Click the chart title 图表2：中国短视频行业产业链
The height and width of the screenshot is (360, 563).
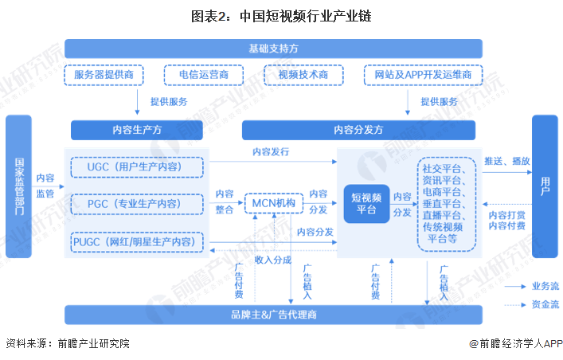point(281,15)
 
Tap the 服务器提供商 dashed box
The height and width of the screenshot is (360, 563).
point(109,75)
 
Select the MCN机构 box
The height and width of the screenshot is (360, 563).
point(274,204)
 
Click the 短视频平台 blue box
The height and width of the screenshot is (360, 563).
point(366,203)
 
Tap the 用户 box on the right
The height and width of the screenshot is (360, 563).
point(545,186)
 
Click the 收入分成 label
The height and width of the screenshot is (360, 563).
point(272,260)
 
